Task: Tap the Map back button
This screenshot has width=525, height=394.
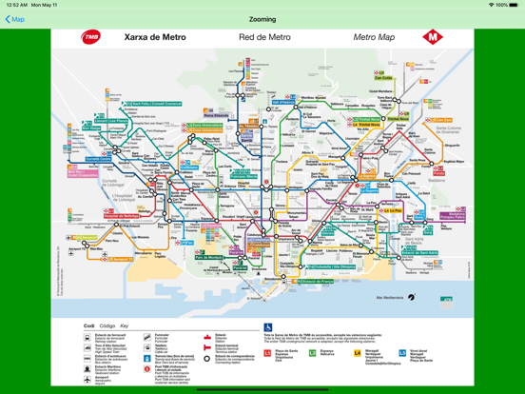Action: [15, 19]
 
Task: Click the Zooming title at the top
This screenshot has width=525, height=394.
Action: [262, 19]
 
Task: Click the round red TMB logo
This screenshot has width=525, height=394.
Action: [91, 38]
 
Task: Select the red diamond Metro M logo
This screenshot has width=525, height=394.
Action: [433, 38]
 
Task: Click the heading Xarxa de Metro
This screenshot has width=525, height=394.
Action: [155, 38]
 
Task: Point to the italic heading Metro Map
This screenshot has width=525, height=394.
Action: [374, 38]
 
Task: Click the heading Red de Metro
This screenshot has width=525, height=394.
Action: [264, 38]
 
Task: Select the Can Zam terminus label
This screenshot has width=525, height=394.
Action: [382, 79]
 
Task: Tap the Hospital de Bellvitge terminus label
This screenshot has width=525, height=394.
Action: [122, 217]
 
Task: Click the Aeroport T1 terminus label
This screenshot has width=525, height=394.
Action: [122, 259]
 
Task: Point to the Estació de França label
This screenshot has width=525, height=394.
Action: [314, 282]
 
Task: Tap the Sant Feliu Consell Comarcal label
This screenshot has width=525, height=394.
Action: [154, 104]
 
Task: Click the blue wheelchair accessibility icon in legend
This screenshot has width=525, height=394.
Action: [268, 328]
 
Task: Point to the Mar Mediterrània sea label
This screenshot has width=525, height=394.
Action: [390, 298]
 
